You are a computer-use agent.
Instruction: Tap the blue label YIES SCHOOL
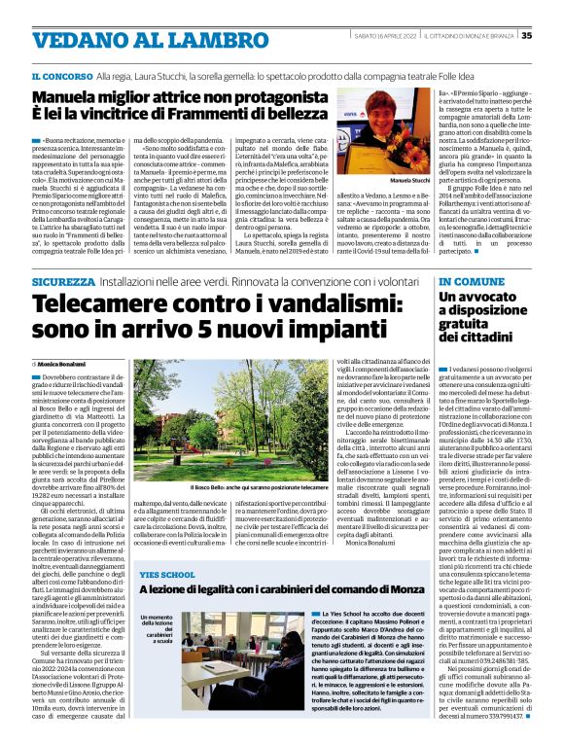pyautogui.click(x=169, y=576)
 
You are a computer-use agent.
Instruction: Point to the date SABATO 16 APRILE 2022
pyautogui.click(x=387, y=36)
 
